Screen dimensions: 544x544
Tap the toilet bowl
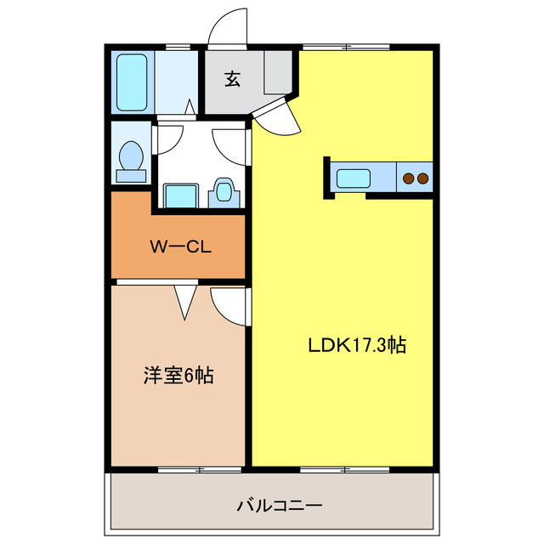click(131, 159)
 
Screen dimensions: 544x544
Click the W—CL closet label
click(179, 247)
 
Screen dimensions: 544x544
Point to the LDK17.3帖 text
click(356, 345)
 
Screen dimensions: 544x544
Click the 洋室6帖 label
click(178, 375)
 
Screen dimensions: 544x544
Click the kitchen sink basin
click(353, 178)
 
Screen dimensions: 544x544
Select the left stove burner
click(409, 178)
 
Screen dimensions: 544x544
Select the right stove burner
click(422, 178)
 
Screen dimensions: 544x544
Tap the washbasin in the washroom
click(224, 191)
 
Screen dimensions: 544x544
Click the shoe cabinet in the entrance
click(278, 72)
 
